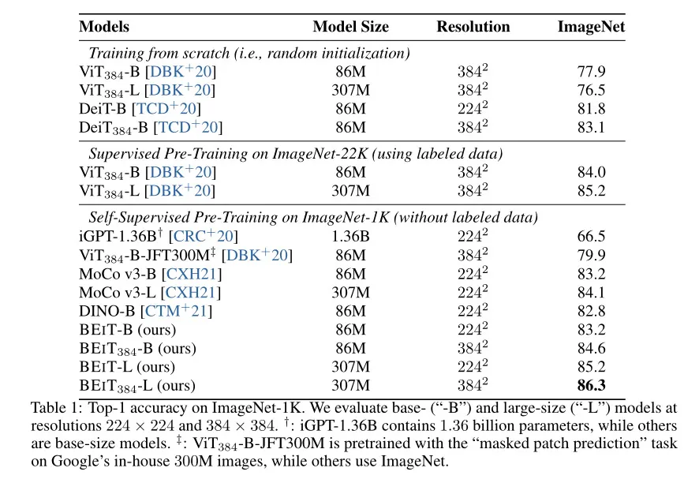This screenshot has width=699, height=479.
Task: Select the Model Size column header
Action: click(x=350, y=27)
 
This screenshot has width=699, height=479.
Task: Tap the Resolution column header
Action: click(x=473, y=27)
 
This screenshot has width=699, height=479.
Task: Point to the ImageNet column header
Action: click(x=591, y=27)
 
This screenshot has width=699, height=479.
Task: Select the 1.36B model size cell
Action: click(x=350, y=236)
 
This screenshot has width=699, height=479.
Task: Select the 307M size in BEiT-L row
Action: click(x=350, y=367)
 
